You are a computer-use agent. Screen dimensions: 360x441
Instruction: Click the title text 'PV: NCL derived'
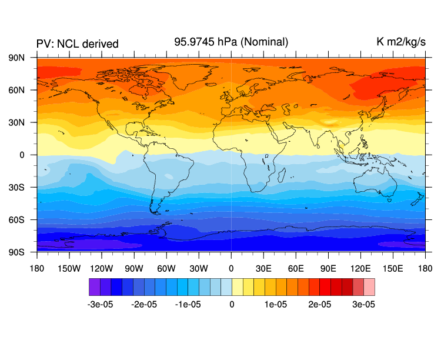(78, 44)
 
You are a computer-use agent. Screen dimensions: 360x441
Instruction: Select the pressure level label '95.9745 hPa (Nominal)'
(231, 42)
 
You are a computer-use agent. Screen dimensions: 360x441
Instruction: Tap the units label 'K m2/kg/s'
(401, 42)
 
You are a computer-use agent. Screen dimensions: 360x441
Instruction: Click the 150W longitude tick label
(69, 268)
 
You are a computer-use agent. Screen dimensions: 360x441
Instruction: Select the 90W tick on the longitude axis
(134, 268)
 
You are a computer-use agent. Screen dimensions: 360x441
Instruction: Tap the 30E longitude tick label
(263, 268)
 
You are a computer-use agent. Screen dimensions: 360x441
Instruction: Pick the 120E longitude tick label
(360, 268)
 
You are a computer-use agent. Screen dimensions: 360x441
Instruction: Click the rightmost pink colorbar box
(369, 286)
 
